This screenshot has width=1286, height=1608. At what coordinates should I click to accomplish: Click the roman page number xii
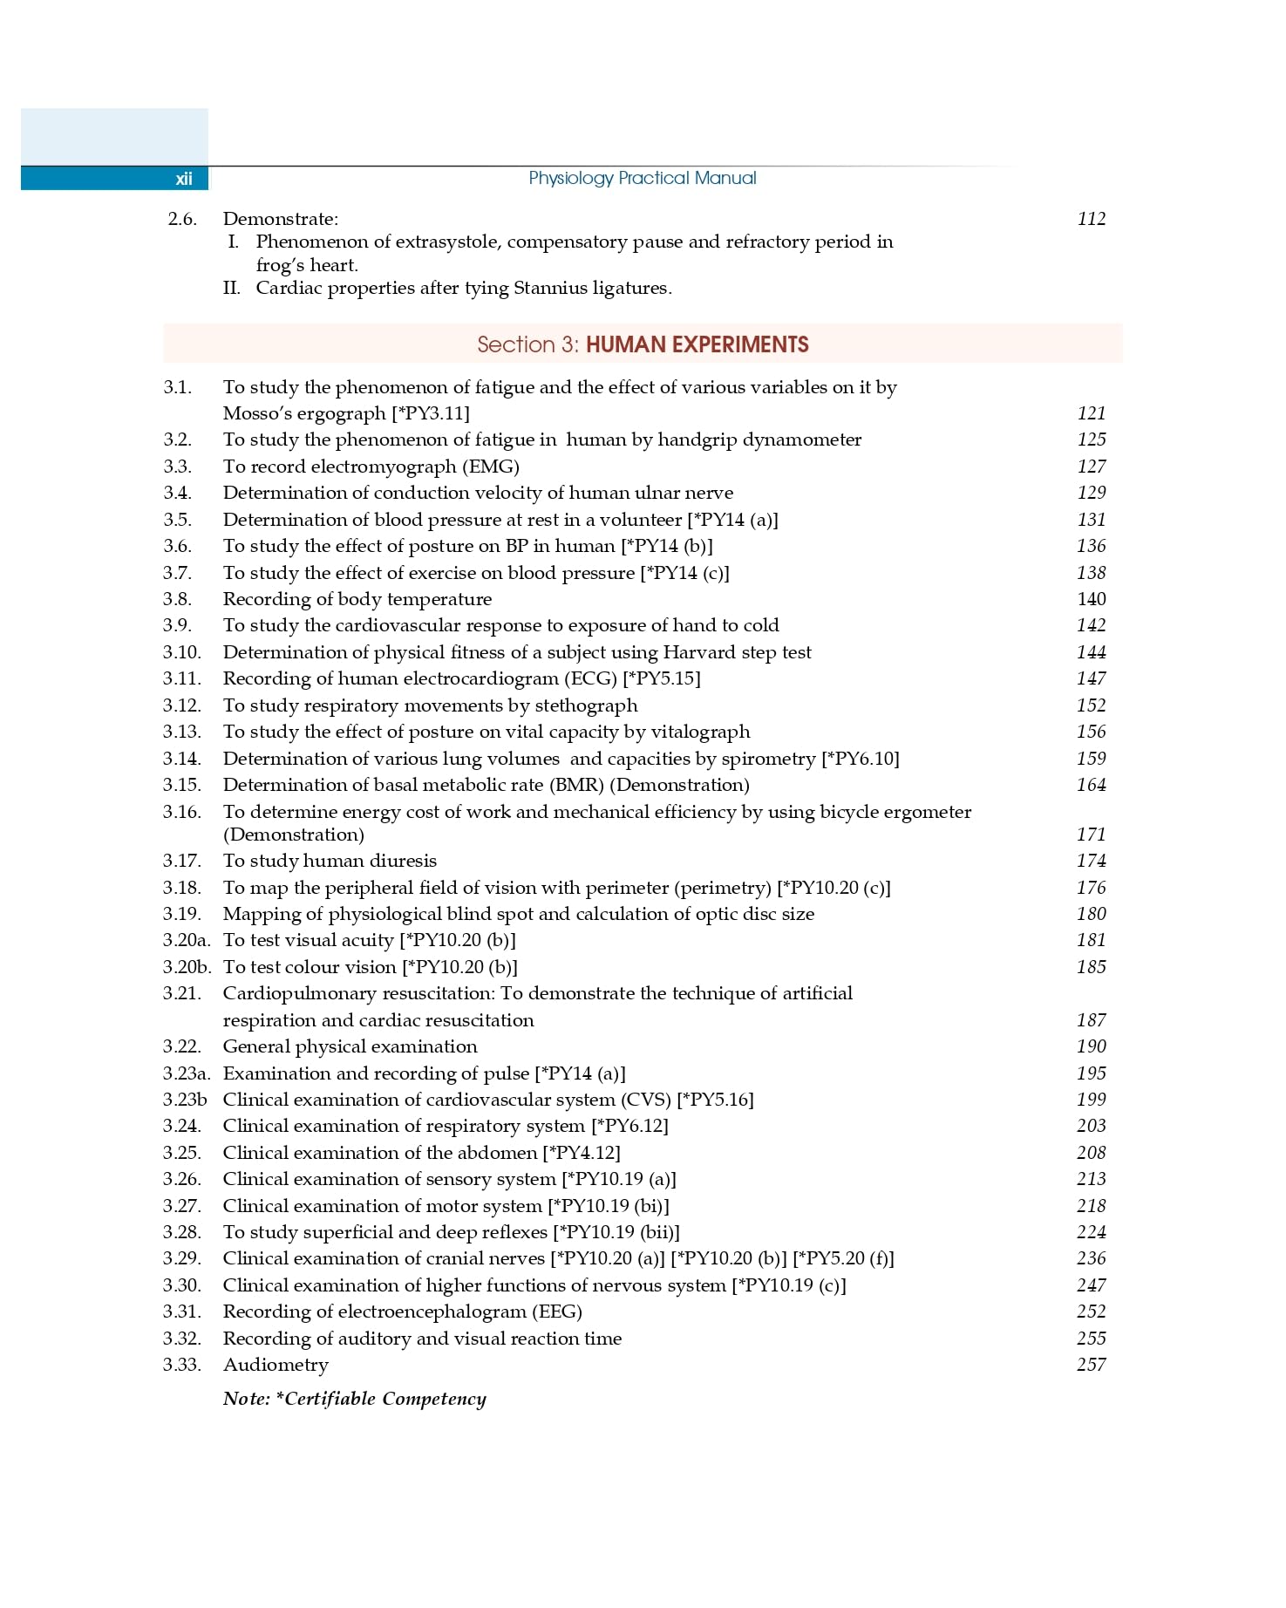pos(183,179)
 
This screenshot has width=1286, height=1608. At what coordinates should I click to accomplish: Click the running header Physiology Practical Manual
pos(642,178)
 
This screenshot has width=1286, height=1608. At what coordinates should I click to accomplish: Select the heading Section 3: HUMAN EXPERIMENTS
pos(643,344)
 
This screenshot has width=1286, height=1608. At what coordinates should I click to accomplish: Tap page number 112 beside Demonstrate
pos(1091,219)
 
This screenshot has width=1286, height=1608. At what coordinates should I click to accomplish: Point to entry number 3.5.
pos(177,520)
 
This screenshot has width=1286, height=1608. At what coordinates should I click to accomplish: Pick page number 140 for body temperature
pos(1091,599)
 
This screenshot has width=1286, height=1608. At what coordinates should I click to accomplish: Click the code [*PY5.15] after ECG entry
pos(662,678)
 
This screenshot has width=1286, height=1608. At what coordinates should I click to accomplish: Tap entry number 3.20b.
pos(187,967)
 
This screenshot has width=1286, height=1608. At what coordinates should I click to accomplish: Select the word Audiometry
pos(276,1365)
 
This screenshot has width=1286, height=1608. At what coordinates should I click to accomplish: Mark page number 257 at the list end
pos(1091,1365)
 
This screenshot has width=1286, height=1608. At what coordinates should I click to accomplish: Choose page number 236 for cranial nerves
pos(1091,1258)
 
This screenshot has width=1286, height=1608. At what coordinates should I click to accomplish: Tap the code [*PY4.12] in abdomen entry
pos(582,1153)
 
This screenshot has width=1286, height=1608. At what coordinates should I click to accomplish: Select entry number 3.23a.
pos(187,1073)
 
